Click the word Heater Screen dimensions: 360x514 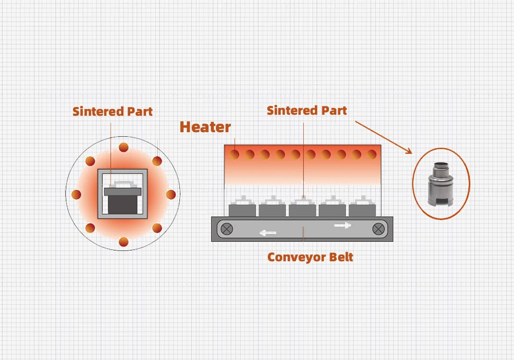tap(205, 127)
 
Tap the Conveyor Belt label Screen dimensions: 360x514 tap(310, 257)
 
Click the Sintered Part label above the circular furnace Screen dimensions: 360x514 tap(113, 111)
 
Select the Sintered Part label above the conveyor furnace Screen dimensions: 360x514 tap(307, 110)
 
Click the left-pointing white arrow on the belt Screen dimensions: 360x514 tap(267, 233)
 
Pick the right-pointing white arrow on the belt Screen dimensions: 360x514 tap(343, 225)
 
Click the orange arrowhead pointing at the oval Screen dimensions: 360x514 tap(409, 151)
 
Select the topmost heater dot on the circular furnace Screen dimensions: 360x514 tap(123, 148)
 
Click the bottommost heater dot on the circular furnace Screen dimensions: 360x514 tap(123, 241)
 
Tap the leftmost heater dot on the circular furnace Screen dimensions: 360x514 tap(77, 194)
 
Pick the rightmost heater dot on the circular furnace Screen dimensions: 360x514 tap(171, 194)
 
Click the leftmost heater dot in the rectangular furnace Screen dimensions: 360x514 tap(234, 154)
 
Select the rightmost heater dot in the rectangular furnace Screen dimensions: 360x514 tap(372, 154)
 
